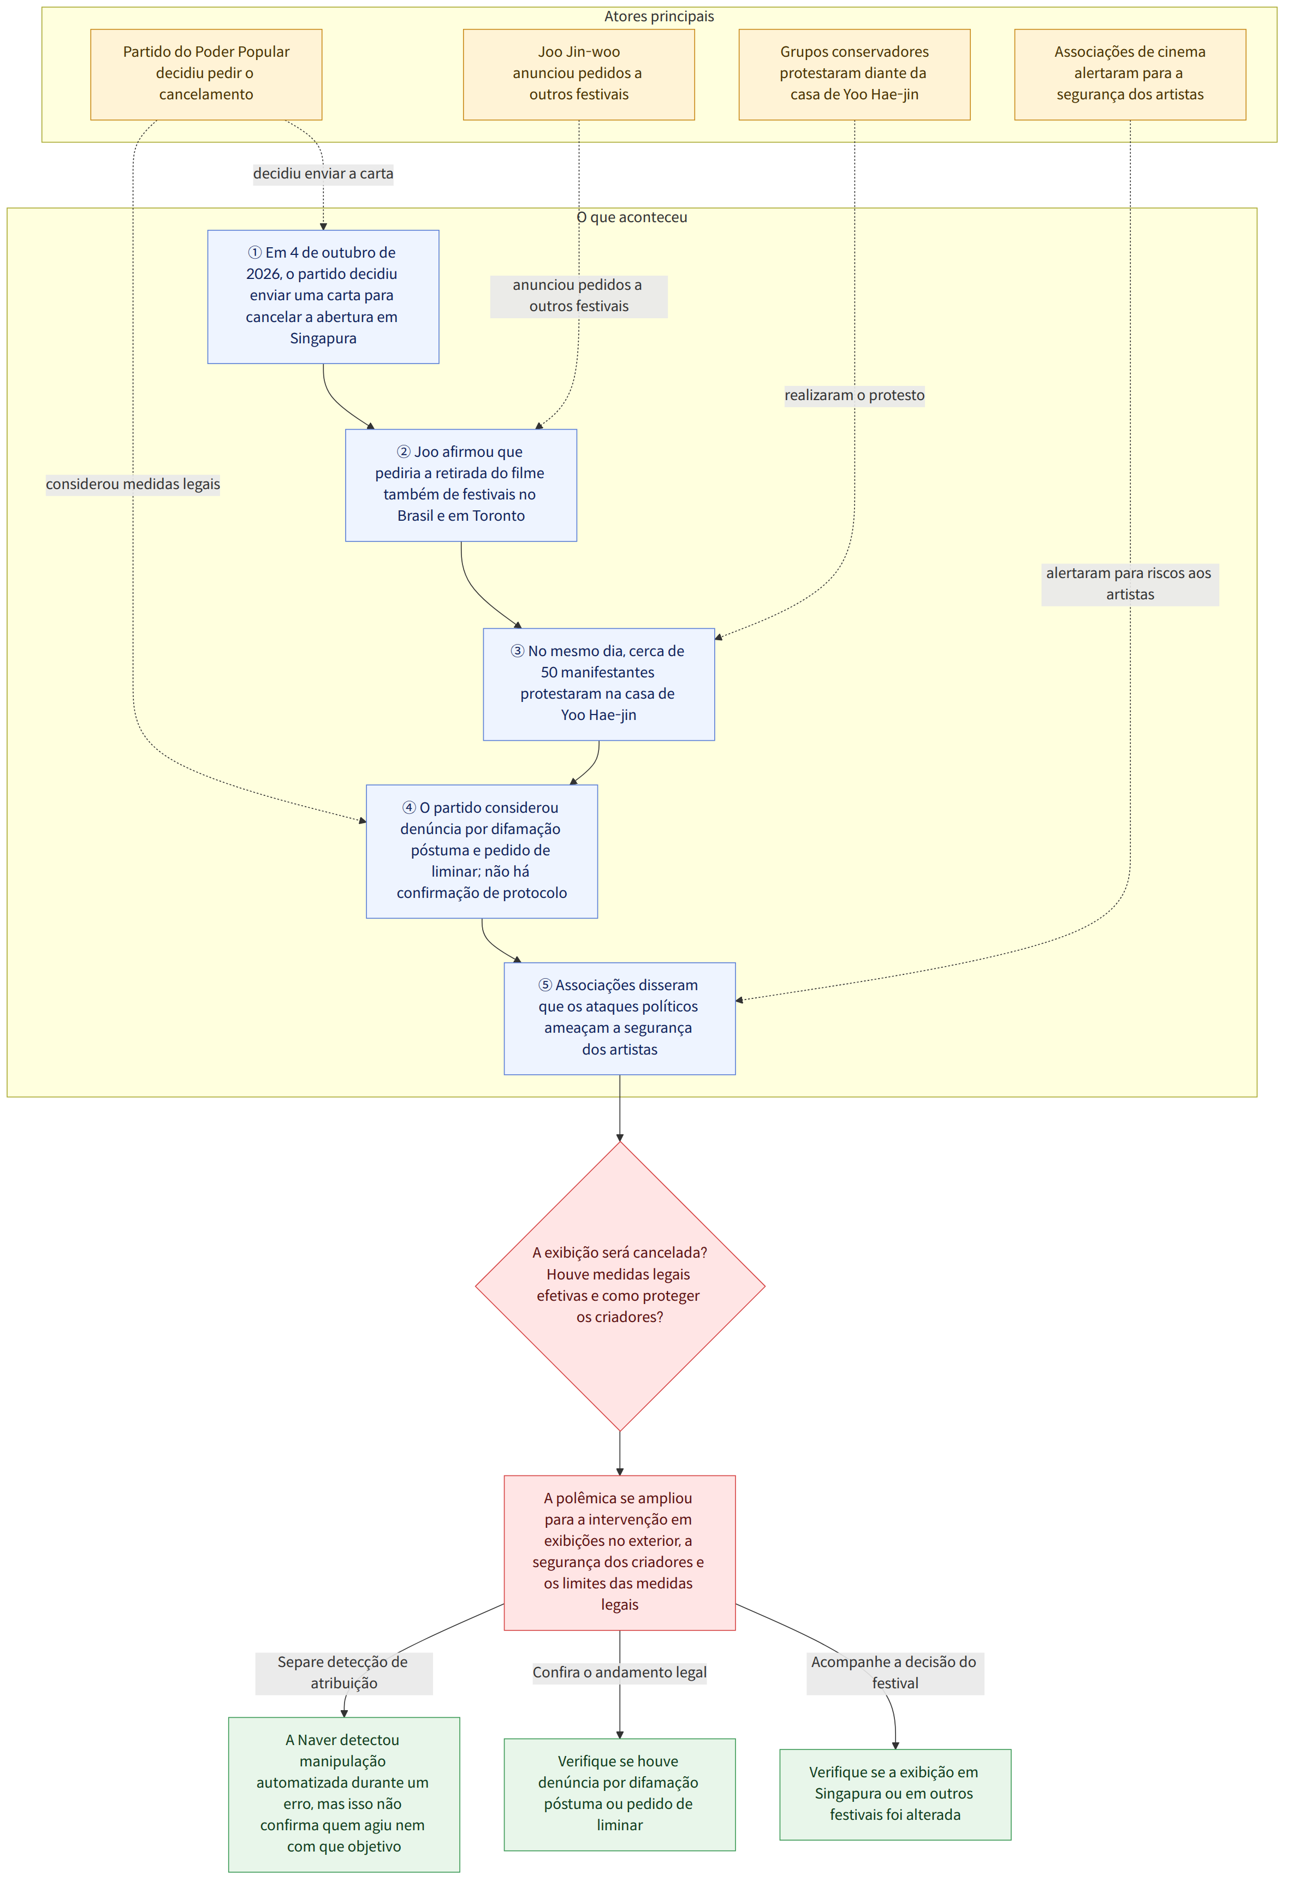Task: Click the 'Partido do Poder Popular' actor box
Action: (206, 74)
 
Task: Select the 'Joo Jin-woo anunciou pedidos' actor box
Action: (578, 74)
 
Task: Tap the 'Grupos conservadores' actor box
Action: (854, 74)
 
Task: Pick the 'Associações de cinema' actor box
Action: (1129, 74)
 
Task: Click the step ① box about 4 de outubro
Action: (323, 296)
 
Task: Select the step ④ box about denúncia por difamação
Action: (482, 851)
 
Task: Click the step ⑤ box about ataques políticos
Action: (619, 1018)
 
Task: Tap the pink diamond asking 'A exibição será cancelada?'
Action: (619, 1286)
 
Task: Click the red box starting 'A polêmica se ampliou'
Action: (619, 1552)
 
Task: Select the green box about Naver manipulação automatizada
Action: (344, 1794)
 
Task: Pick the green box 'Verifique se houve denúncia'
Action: (619, 1794)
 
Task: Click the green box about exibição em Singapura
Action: (894, 1794)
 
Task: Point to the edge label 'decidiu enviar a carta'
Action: (323, 174)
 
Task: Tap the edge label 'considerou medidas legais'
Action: (133, 484)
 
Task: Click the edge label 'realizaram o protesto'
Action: (854, 395)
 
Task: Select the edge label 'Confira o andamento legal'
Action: (619, 1672)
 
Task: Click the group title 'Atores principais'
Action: (659, 16)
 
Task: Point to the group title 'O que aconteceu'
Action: (631, 217)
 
